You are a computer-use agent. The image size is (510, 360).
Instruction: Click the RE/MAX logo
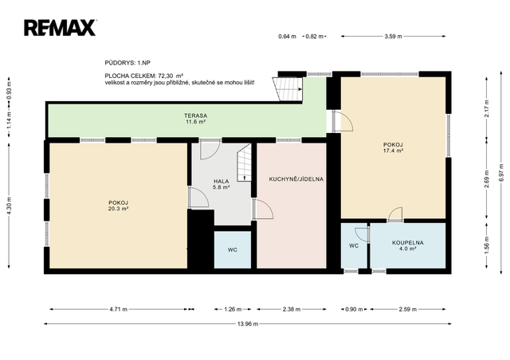pos(60,28)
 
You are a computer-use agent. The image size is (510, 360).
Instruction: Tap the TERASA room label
pos(195,115)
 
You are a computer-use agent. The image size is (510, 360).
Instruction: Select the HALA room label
pos(222,181)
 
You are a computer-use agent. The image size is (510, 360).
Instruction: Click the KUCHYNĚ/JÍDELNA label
pos(296,179)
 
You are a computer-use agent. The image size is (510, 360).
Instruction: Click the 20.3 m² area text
pos(118,209)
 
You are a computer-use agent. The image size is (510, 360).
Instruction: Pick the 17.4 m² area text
pos(393,151)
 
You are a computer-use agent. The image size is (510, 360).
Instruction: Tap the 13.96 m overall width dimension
pos(248,324)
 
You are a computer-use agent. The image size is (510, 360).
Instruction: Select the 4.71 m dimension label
pos(119,309)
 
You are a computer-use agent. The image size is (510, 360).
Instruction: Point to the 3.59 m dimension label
pos(393,37)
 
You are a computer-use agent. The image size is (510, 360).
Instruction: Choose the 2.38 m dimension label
pos(291,309)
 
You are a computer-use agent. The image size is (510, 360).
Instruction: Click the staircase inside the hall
pos(244,162)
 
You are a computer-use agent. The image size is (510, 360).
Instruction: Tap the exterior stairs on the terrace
pos(288,89)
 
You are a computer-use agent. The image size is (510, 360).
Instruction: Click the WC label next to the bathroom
pos(354,245)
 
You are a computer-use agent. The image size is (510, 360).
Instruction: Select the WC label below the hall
pos(232,250)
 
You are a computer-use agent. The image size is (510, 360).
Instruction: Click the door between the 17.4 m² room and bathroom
pos(395,214)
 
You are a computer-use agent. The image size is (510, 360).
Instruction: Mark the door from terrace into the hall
pos(210,150)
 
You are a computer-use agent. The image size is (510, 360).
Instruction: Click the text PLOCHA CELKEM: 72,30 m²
pos(143,76)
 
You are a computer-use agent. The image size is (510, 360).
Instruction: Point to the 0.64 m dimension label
pos(287,37)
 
